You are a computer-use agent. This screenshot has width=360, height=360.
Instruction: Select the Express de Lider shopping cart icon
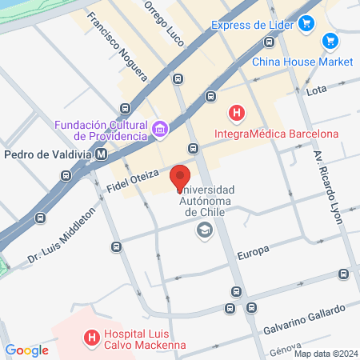tap(304, 25)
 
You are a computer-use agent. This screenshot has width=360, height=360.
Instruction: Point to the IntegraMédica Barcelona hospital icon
tap(236, 113)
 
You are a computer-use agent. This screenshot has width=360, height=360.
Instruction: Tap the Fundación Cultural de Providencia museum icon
tap(160, 129)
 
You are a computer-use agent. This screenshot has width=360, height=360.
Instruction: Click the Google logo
tap(26, 350)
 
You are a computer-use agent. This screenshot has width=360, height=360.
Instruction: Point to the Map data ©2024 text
tap(325, 354)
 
